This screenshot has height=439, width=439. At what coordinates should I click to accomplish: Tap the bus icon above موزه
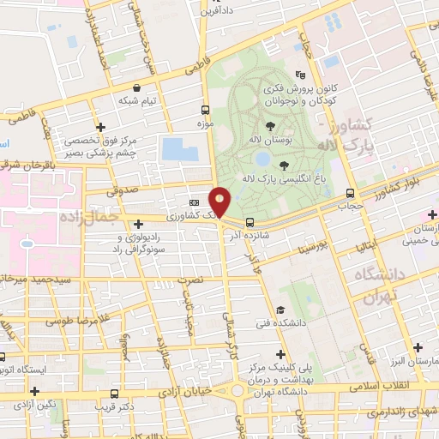pos(204,110)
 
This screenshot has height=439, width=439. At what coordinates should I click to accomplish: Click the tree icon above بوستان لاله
pos(271,126)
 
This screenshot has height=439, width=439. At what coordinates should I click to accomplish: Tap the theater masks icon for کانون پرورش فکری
pos(299,74)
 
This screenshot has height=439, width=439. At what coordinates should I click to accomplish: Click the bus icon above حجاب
pos(349,192)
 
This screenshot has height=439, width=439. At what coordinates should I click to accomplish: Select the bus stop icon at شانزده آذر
pos(249,221)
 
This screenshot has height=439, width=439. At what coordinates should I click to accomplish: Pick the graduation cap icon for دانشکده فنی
pos(280,310)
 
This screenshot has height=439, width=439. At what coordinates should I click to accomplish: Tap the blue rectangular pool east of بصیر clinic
pos(178,148)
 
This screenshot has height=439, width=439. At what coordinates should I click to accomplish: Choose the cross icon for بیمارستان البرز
pos(418,347)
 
